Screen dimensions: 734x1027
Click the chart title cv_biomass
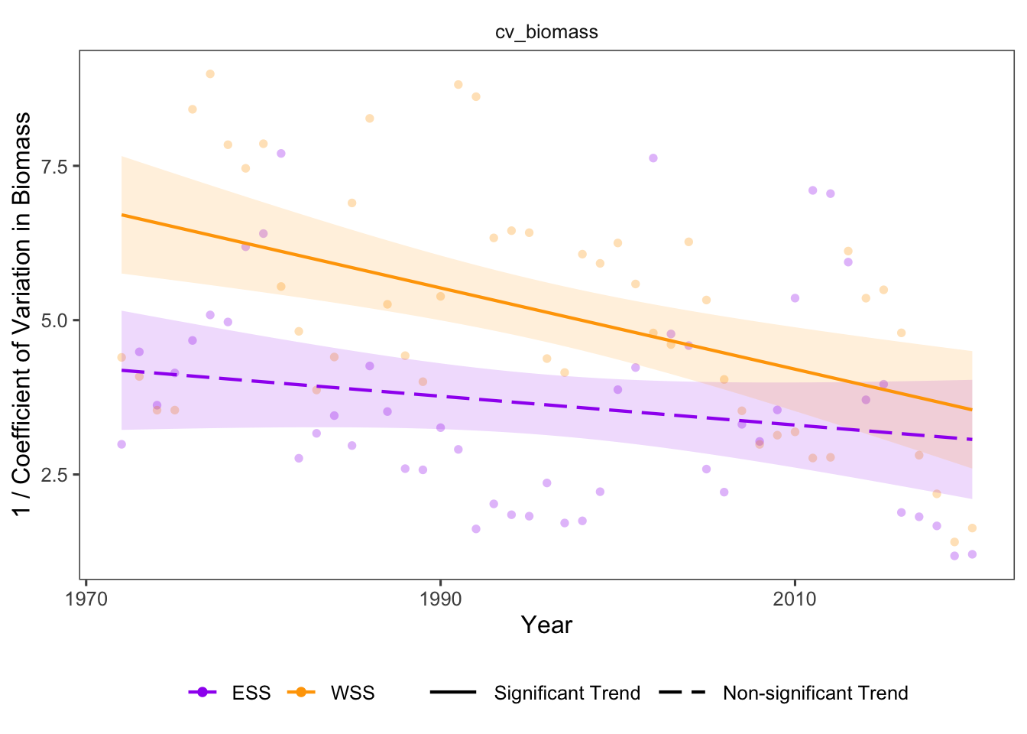tap(546, 32)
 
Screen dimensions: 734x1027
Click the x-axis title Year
tap(546, 625)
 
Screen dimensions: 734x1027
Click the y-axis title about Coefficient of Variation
tap(23, 313)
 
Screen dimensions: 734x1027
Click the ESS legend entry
tap(251, 693)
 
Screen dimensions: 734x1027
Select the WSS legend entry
tap(352, 693)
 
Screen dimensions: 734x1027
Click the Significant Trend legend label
tap(567, 693)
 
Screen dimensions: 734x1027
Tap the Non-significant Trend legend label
tap(815, 693)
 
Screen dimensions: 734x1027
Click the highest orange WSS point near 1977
tap(210, 74)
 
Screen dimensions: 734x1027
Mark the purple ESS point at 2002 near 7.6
tap(653, 158)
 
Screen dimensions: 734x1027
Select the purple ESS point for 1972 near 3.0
tap(121, 444)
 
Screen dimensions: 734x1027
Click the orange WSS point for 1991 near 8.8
tap(458, 85)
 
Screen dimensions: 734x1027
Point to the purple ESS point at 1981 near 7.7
tap(281, 154)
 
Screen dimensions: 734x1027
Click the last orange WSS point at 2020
tap(972, 528)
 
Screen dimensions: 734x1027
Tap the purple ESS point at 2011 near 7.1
tap(812, 190)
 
